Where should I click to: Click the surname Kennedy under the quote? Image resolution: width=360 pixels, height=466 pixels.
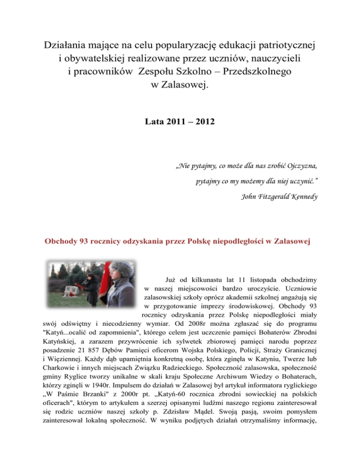tap(300, 197)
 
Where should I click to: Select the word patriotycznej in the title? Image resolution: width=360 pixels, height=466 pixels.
tap(277, 45)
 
